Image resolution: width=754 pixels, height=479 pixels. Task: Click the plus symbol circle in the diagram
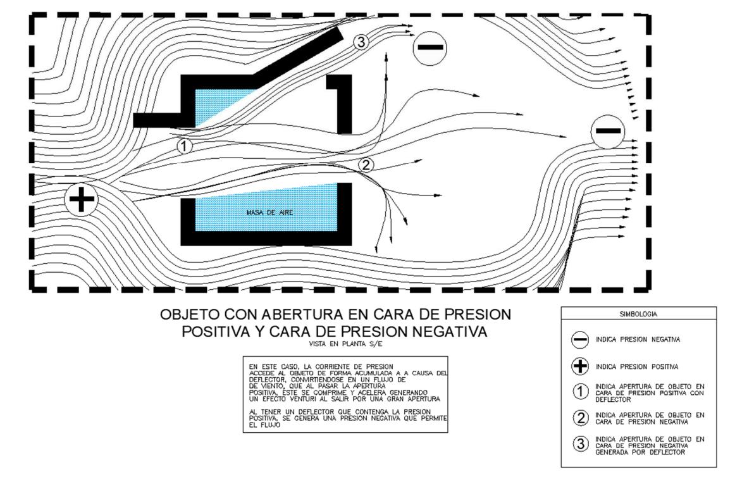(80, 200)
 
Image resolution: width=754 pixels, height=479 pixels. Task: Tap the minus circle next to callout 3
(430, 47)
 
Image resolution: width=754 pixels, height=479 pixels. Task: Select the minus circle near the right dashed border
(608, 131)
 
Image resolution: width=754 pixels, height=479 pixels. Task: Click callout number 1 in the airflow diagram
(183, 146)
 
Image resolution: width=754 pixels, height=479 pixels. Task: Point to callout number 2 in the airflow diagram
(366, 165)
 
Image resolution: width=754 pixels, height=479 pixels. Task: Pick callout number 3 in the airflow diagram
(360, 42)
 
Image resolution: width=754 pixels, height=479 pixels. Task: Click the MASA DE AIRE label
(266, 213)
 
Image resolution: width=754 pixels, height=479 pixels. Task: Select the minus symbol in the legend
(580, 340)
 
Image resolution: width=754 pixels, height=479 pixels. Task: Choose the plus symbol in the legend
(580, 366)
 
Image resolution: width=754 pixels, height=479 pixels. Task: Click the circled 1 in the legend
(580, 392)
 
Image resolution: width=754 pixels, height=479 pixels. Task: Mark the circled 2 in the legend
(580, 418)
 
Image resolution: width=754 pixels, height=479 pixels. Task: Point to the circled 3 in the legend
(580, 444)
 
